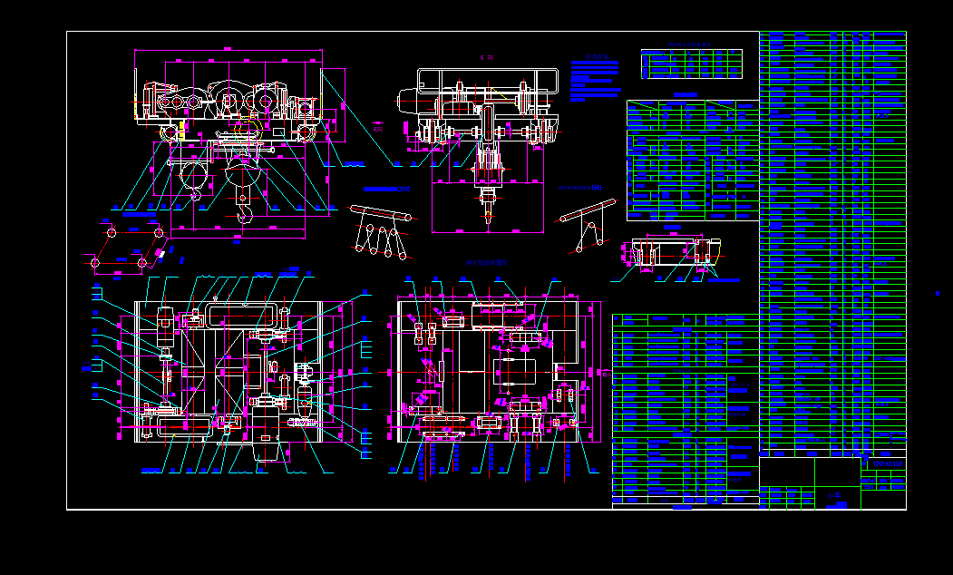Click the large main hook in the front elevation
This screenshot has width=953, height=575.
pyautogui.click(x=245, y=210)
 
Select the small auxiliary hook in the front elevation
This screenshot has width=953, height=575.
pyautogui.click(x=193, y=193)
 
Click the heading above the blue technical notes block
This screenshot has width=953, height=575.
pyautogui.click(x=595, y=56)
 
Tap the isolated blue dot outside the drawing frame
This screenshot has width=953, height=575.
pyautogui.click(x=937, y=293)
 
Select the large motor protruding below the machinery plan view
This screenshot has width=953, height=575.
pyautogui.click(x=266, y=435)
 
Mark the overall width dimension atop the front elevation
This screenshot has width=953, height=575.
pyautogui.click(x=229, y=50)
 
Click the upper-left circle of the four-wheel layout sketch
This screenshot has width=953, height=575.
pyautogui.click(x=112, y=233)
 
